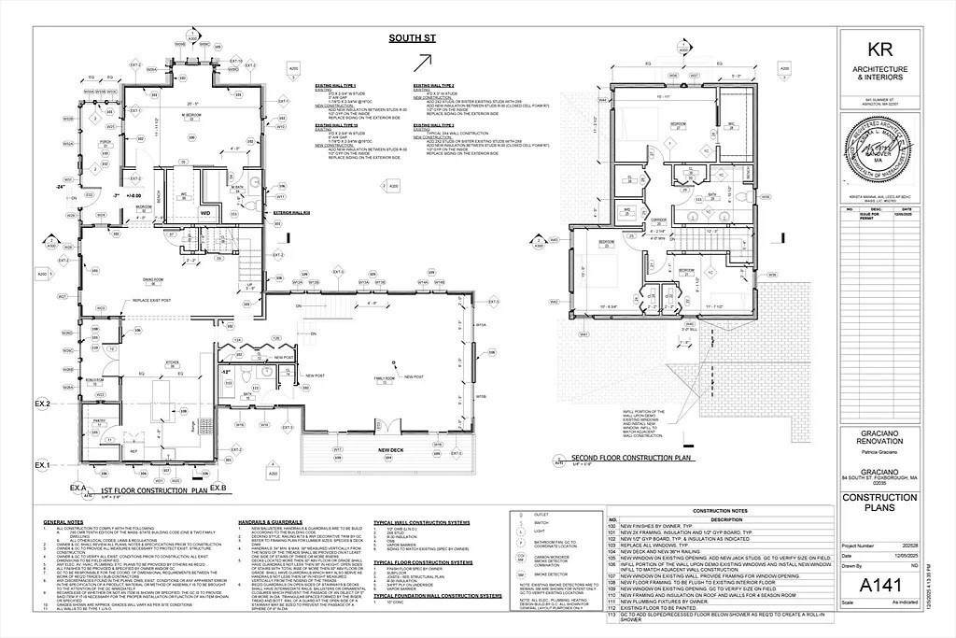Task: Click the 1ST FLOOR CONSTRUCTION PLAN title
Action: click(152, 489)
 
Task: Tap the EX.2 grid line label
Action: click(43, 404)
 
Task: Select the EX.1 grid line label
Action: click(43, 464)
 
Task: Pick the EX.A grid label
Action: click(77, 489)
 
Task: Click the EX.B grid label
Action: click(218, 489)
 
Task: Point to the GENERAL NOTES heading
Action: click(63, 521)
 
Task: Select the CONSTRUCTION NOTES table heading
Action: click(719, 512)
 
